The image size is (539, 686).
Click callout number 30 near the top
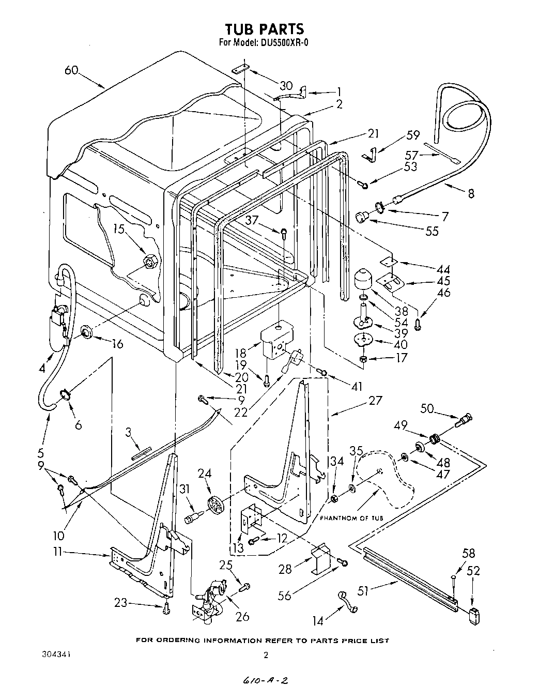pos(286,86)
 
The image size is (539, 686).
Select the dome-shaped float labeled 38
pos(366,281)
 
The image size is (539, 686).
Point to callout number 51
pos(363,590)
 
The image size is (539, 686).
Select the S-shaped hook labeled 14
pos(347,601)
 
